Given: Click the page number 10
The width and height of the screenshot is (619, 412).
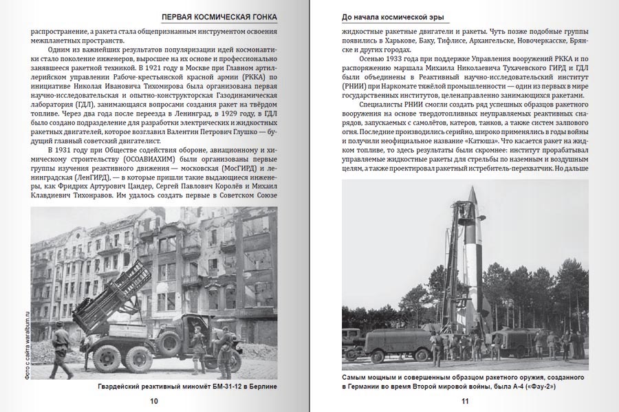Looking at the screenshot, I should [x=153, y=401].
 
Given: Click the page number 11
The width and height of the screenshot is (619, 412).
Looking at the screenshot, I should [x=464, y=401].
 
